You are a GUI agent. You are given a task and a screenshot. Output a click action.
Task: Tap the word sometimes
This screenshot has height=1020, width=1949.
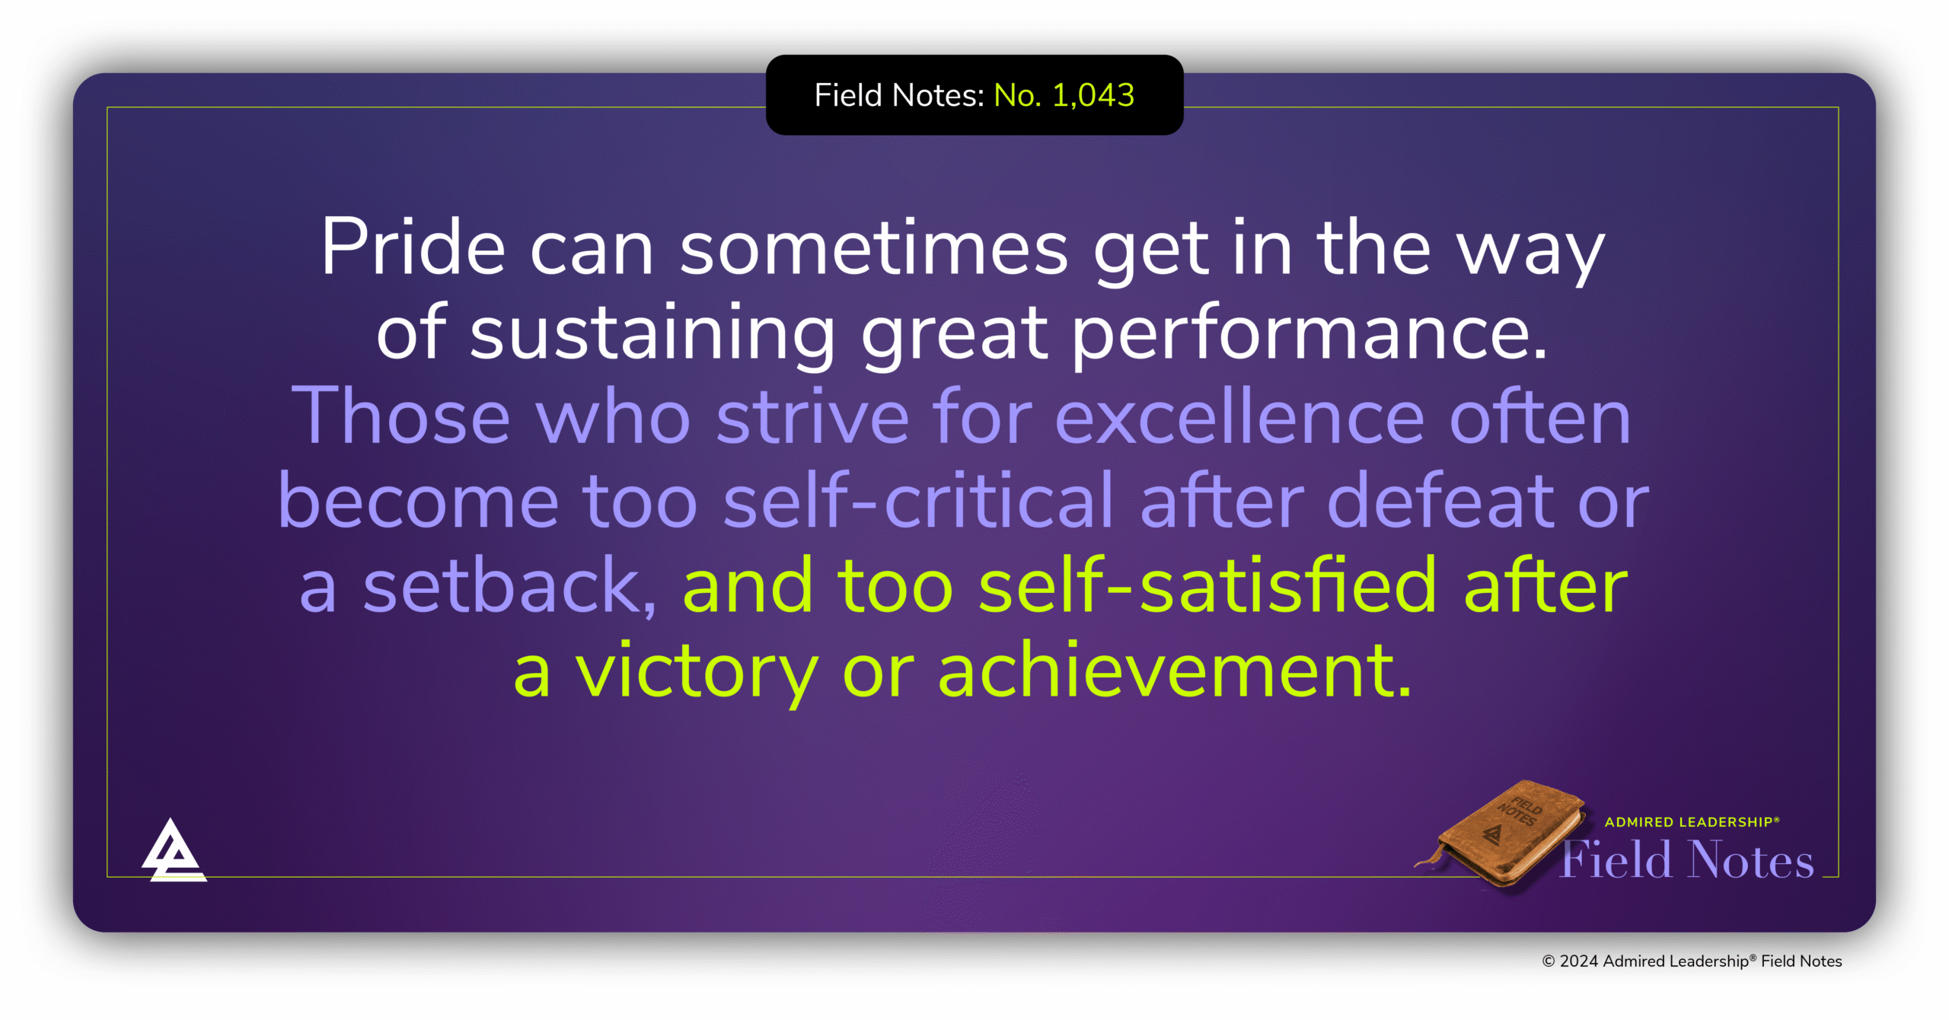874,248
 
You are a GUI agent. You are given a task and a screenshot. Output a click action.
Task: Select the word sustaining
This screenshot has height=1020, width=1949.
652,333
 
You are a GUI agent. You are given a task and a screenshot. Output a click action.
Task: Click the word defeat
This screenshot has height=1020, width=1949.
1440,500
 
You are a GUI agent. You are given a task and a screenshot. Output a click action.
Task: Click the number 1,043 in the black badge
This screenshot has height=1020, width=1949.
1093,96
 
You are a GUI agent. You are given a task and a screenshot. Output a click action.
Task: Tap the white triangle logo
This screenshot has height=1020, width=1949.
174,850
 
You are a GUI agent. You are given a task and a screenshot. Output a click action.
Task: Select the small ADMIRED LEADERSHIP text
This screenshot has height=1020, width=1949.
1692,822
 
